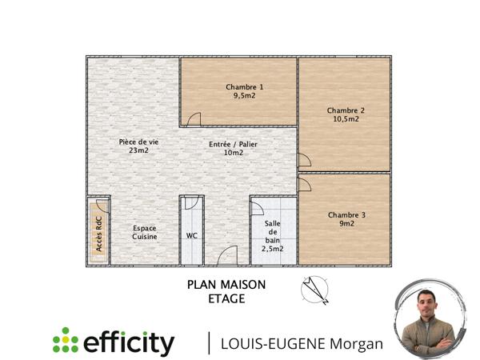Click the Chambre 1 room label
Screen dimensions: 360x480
tap(244, 86)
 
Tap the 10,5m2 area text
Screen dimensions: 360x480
tap(346, 119)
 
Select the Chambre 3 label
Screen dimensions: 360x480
tap(346, 214)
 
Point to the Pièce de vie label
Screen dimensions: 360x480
tap(138, 142)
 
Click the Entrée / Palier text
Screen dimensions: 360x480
tap(233, 144)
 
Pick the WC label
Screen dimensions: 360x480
tap(192, 236)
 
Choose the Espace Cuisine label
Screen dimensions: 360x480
tap(145, 232)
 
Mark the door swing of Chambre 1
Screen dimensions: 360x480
tap(193, 119)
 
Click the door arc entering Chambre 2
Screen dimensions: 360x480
tap(304, 160)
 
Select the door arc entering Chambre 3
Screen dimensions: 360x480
tap(304, 185)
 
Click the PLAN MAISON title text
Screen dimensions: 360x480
tap(226, 284)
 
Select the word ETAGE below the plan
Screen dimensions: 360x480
tap(226, 299)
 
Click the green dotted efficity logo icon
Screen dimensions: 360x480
tap(66, 341)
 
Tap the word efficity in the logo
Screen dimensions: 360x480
tap(129, 342)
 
